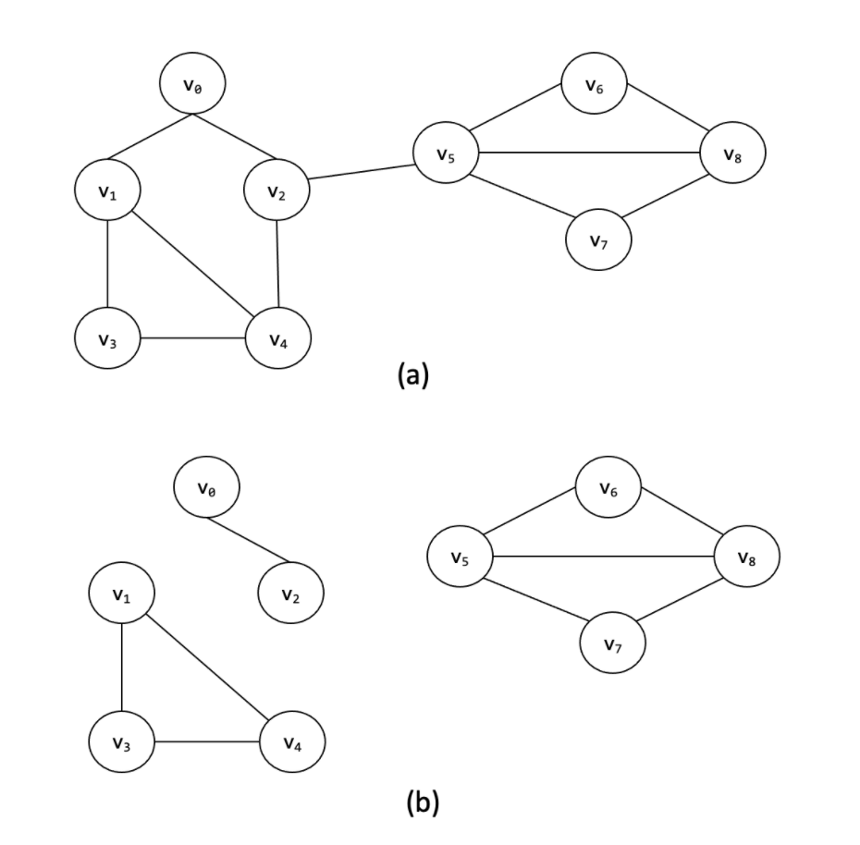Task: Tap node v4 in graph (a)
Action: point(277,338)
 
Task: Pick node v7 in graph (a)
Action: point(598,239)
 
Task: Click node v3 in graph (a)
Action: point(107,338)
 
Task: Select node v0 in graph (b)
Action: point(206,486)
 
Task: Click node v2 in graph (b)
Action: point(290,593)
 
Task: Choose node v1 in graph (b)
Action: point(121,593)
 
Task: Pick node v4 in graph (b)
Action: point(291,741)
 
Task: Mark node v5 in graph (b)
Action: point(460,557)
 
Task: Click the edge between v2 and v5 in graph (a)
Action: point(362,172)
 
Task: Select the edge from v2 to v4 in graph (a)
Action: point(277,264)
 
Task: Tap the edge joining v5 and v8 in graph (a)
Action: point(588,152)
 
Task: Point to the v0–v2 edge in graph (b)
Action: point(248,540)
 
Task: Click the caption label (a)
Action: point(412,374)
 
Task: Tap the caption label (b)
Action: point(423,802)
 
